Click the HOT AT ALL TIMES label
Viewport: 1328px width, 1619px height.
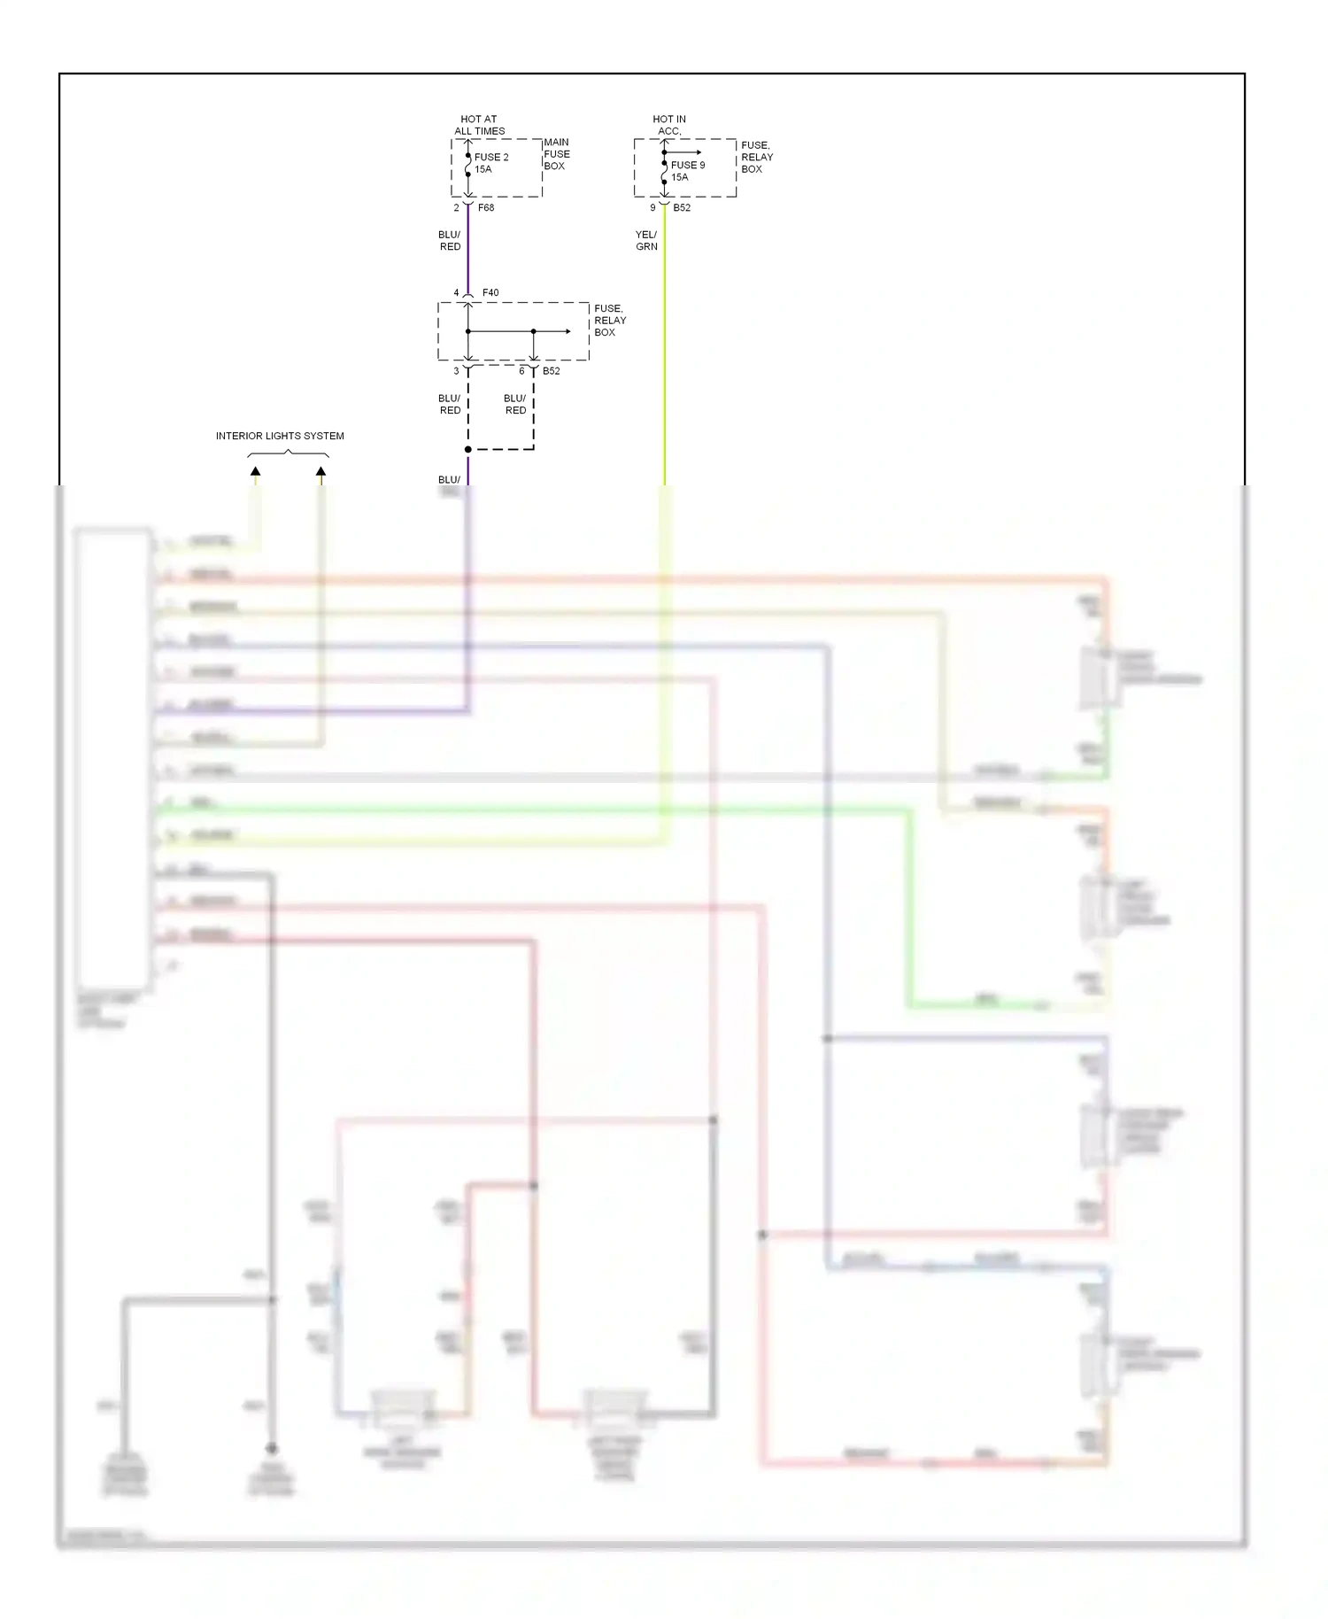(479, 125)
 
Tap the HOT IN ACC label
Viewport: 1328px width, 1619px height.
(669, 125)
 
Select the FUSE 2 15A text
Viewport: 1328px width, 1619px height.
(491, 163)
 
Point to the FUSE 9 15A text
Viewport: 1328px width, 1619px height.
(687, 171)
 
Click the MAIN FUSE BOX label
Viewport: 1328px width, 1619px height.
(556, 154)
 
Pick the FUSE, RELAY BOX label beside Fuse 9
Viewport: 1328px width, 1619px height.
(756, 157)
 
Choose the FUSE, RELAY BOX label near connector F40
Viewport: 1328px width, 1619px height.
(609, 321)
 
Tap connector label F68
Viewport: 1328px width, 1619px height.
(486, 208)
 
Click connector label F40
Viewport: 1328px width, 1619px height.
(490, 293)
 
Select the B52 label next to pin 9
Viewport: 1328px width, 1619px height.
(682, 208)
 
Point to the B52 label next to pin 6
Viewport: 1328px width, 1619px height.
(552, 371)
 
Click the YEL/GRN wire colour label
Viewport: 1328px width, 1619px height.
(646, 241)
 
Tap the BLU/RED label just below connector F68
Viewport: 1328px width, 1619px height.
(450, 241)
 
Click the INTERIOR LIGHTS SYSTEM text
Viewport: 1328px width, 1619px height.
(280, 436)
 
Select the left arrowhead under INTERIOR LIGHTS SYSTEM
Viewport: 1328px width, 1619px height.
(255, 472)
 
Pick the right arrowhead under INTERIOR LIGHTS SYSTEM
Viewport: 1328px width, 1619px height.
(320, 472)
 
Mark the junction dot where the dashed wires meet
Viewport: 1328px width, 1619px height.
(468, 450)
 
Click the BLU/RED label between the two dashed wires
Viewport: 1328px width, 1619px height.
(515, 405)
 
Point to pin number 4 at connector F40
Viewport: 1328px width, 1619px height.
(457, 293)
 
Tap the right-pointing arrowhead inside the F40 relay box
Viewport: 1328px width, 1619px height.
(567, 332)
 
